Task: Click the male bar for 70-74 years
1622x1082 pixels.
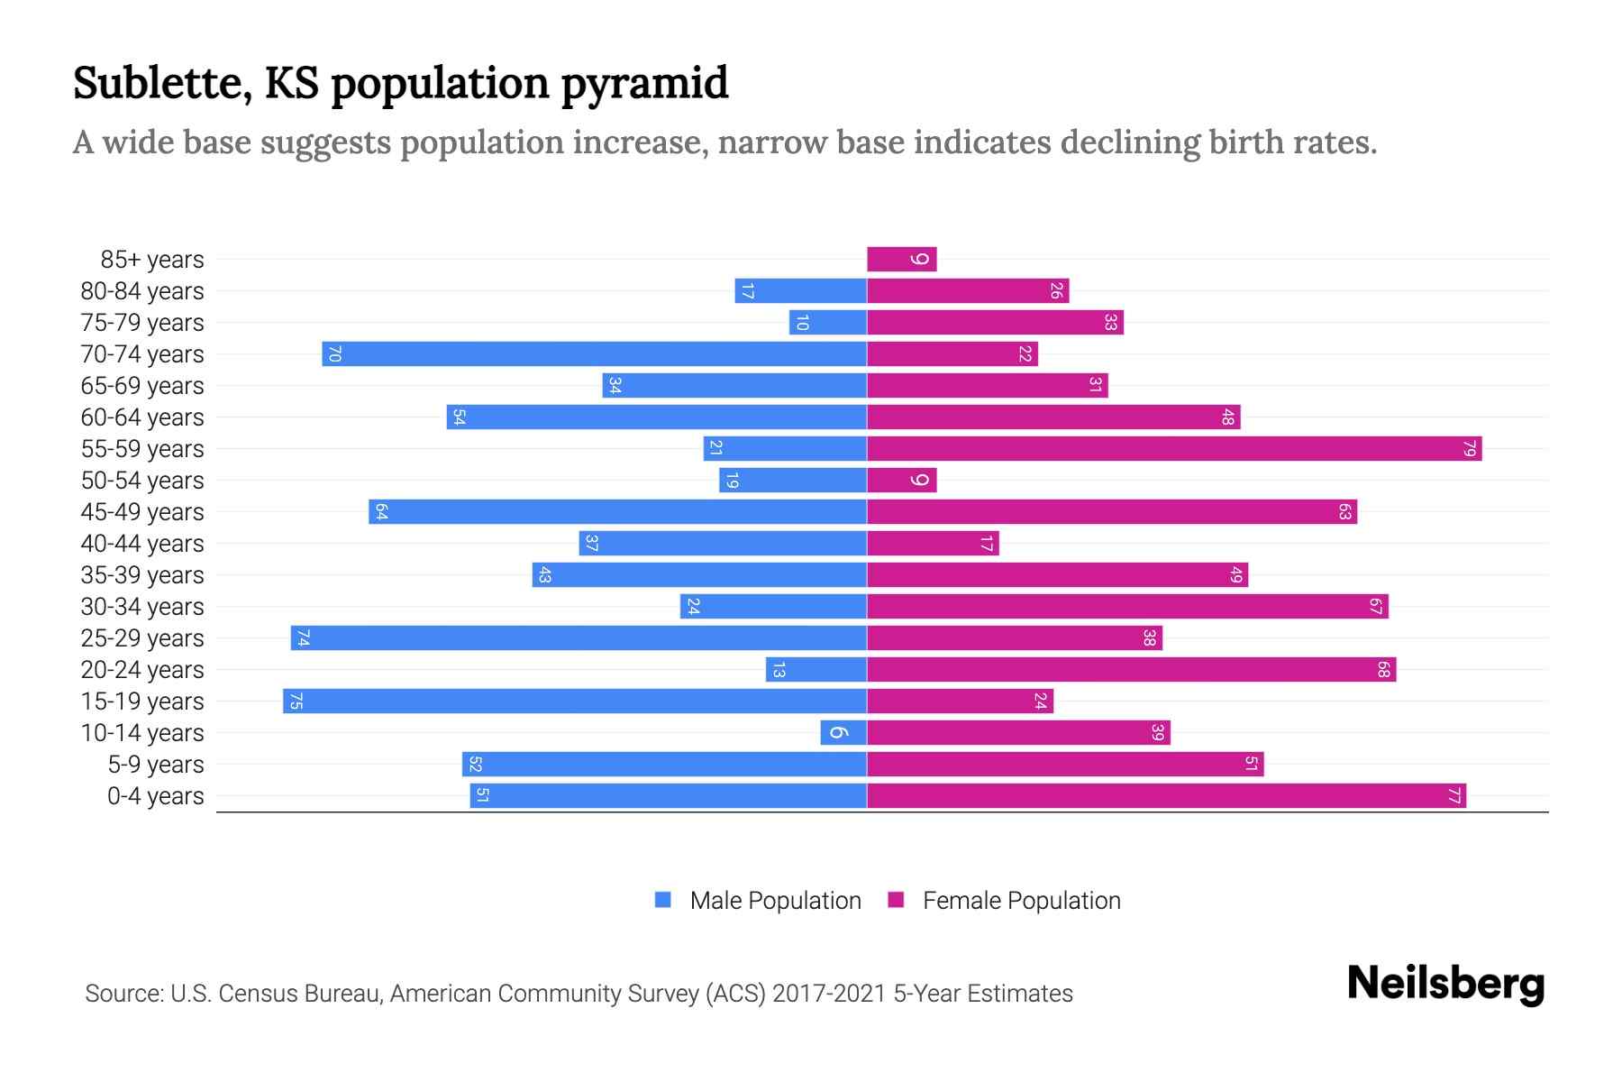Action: (595, 354)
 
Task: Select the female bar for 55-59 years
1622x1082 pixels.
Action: (1174, 449)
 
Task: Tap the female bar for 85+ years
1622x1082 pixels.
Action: (901, 260)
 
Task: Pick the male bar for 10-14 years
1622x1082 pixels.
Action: (843, 733)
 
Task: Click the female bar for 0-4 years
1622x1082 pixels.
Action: (1166, 796)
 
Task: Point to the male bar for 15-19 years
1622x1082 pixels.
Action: (575, 701)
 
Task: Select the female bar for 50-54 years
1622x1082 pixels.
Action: (901, 481)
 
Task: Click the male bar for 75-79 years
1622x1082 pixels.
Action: (828, 323)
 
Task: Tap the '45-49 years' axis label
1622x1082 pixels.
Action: (142, 512)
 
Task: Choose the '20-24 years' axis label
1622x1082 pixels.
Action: (142, 670)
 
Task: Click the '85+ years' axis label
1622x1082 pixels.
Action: (152, 260)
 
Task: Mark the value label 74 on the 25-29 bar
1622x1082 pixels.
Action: (304, 638)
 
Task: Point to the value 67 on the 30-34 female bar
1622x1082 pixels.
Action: (1375, 607)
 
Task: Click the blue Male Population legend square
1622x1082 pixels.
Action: (663, 900)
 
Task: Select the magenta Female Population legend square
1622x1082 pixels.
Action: (896, 900)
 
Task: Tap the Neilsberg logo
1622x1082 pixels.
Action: (1445, 984)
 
